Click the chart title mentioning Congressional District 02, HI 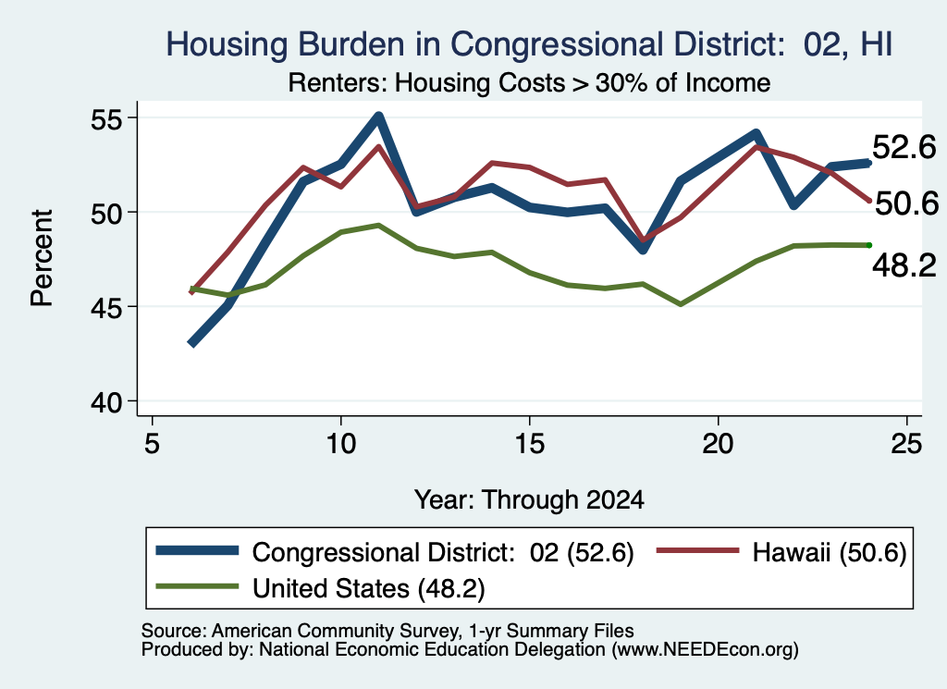(x=529, y=45)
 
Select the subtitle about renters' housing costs (x=529, y=82)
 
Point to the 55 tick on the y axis (x=106, y=119)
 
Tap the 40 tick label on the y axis (x=106, y=401)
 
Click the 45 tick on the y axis (x=106, y=307)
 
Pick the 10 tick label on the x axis (x=341, y=444)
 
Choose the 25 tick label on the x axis (x=906, y=444)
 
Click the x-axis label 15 (x=530, y=444)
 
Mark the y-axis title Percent (x=42, y=258)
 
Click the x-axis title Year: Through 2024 (x=529, y=500)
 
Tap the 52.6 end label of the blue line (x=904, y=147)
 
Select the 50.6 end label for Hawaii (x=906, y=203)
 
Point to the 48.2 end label (x=904, y=265)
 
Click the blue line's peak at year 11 (x=378, y=116)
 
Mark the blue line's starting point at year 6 (x=191, y=344)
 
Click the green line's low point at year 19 (x=681, y=304)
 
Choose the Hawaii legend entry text (x=830, y=552)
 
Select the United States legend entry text (x=368, y=589)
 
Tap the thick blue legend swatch (x=198, y=550)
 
